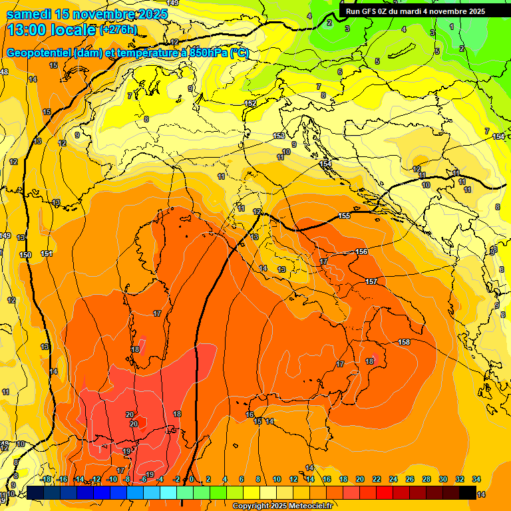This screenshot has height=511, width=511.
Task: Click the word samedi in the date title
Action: pos(29,14)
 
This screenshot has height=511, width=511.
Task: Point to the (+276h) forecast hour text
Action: pos(118,30)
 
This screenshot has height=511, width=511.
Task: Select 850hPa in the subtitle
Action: pos(208,53)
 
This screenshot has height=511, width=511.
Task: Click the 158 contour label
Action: pos(404,342)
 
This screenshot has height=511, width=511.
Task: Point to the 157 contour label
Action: pos(371,281)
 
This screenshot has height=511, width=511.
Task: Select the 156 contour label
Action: pos(361,252)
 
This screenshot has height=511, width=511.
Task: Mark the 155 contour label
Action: pos(344,216)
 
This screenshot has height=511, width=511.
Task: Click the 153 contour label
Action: pos(279,136)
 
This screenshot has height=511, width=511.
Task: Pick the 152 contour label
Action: pos(250,103)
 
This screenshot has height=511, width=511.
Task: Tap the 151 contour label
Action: pos(47,254)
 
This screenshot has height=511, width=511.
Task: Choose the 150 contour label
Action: pos(25,255)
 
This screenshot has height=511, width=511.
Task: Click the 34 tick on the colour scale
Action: pos(476,479)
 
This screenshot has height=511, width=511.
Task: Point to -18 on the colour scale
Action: pos(46,479)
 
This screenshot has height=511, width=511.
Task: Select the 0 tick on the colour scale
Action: pos(192,479)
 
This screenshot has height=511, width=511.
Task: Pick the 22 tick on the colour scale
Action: pos(377,479)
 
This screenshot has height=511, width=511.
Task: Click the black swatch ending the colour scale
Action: pos(468,493)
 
